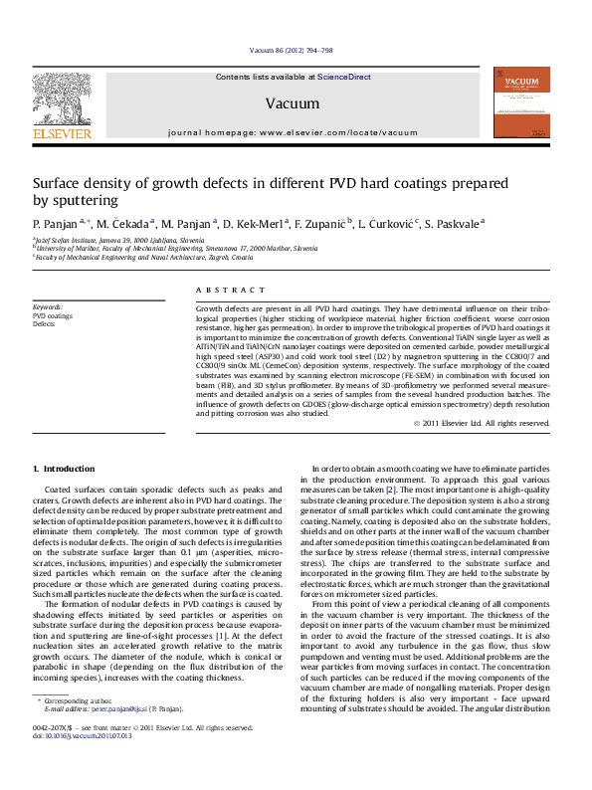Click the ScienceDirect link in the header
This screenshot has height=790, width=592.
tap(344, 77)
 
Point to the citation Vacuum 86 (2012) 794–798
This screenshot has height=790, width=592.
tap(291, 51)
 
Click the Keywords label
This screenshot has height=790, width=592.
tap(48, 307)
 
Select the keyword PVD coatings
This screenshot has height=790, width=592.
tap(53, 316)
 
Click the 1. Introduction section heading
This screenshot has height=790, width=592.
tap(64, 468)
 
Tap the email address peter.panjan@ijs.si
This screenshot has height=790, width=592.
tap(119, 737)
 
